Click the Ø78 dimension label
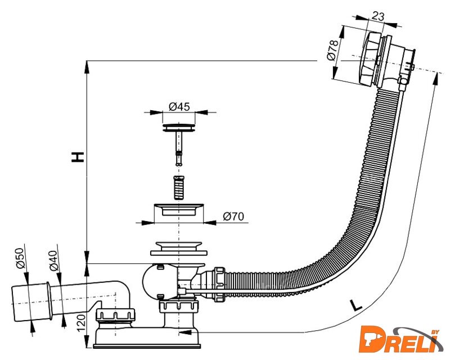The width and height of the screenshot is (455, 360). [332, 49]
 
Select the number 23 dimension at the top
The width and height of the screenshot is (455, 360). [377, 16]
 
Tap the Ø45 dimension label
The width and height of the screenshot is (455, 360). [179, 106]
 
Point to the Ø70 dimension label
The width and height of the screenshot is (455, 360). [233, 217]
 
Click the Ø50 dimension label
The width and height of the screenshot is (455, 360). [20, 258]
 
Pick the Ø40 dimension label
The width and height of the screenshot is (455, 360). [53, 260]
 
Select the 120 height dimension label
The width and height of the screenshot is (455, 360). [81, 322]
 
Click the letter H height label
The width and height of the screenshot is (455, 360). [78, 157]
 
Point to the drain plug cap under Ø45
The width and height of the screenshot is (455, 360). [178, 128]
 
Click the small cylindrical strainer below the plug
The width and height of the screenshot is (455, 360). [179, 187]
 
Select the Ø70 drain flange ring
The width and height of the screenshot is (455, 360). [179, 210]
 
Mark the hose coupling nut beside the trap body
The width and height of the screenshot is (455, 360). [219, 284]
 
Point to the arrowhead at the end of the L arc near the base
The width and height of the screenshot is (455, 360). [185, 332]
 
